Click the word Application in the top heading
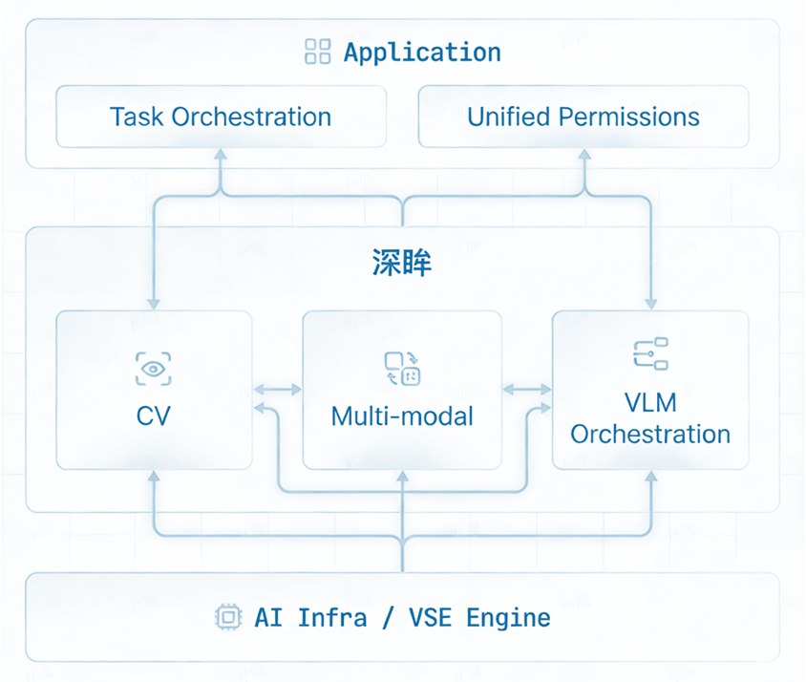pos(422,52)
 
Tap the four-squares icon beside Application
pos(317,52)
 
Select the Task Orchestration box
pos(221,117)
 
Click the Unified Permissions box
pos(583,117)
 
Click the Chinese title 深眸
pos(402,264)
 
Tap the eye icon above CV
pos(154,369)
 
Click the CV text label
pos(154,416)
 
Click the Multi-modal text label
pos(402,416)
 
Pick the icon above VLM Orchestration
pos(650,353)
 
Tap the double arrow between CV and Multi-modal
pos(277,390)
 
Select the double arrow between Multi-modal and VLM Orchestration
pos(527,390)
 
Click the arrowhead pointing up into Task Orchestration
pos(221,155)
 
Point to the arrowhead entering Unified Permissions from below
pos(583,155)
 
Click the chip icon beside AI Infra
pos(227,617)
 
